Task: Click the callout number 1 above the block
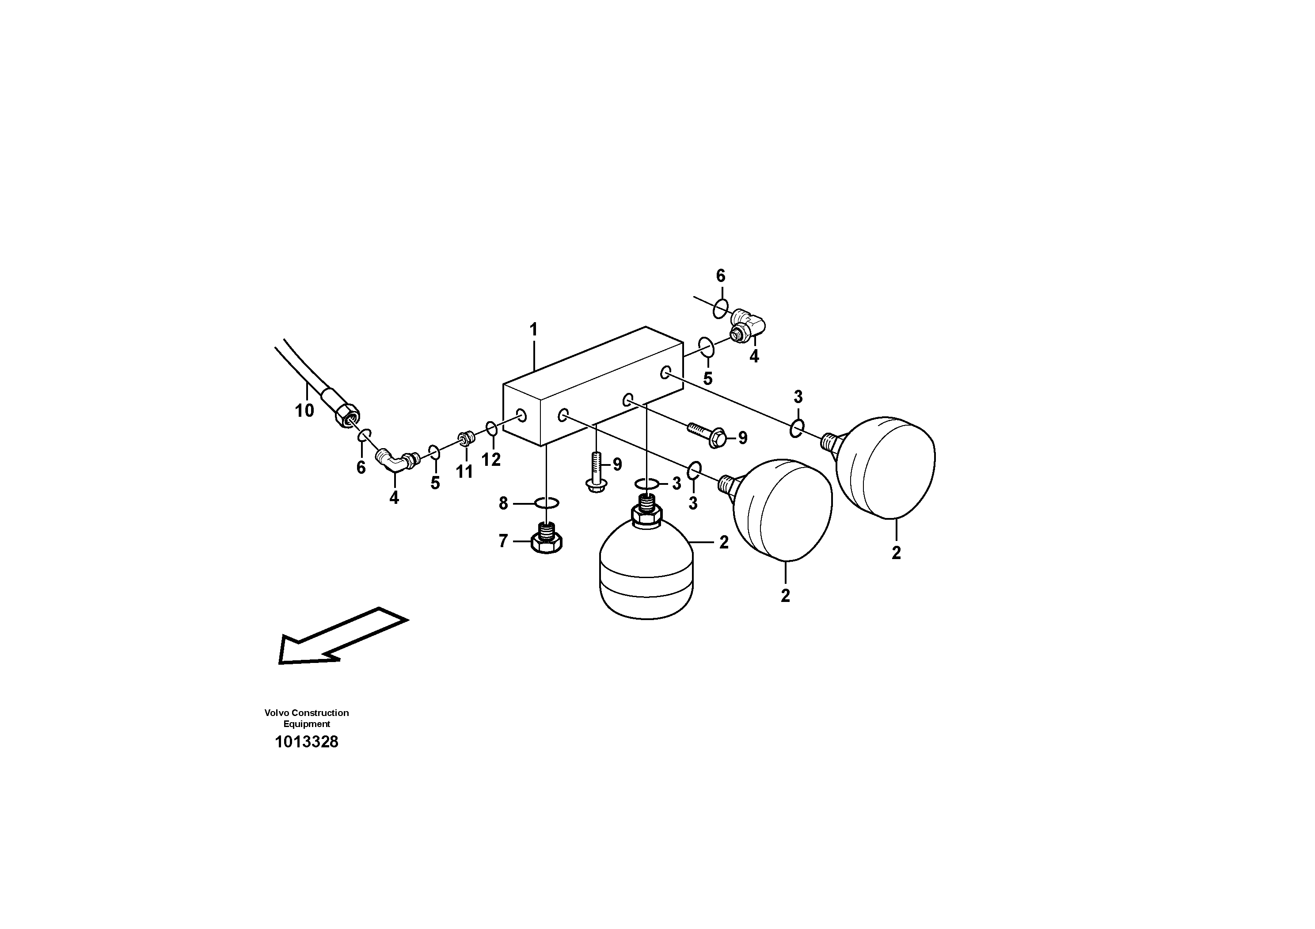533,330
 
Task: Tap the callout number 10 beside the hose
304,411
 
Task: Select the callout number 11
464,472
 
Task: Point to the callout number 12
491,459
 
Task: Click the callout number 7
503,541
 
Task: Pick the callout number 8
503,503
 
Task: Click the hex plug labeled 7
547,538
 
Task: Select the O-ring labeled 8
547,503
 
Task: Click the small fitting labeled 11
465,439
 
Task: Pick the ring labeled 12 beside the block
491,428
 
